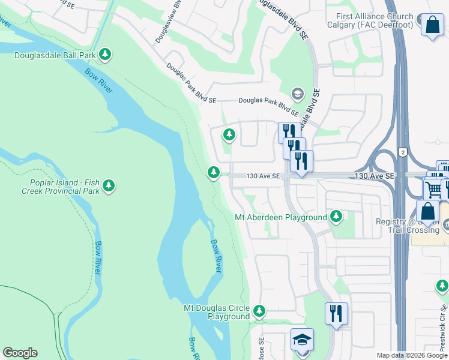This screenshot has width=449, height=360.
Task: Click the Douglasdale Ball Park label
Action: [x=55, y=55]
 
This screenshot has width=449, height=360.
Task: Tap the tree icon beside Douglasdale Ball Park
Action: [x=106, y=55]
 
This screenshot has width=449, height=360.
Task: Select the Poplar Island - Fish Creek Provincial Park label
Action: [x=65, y=186]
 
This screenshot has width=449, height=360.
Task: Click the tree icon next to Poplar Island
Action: [x=109, y=185]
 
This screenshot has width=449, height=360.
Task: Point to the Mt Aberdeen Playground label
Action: [x=280, y=217]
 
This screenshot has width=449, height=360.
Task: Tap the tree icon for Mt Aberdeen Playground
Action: [x=336, y=216]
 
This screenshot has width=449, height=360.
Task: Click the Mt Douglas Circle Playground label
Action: [x=217, y=312]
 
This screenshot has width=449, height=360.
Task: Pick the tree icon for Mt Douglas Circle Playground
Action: [x=259, y=311]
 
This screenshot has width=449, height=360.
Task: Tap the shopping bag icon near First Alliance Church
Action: [x=432, y=25]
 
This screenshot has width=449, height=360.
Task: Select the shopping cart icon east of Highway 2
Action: [x=433, y=188]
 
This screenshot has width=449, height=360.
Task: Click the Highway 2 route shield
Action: [x=402, y=152]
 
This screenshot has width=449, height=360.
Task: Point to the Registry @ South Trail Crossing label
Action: [x=408, y=226]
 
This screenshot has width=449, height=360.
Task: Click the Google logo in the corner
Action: [x=20, y=353]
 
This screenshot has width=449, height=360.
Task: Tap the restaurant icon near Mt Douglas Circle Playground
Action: [x=336, y=313]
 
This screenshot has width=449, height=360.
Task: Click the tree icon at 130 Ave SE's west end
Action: [x=213, y=173]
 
